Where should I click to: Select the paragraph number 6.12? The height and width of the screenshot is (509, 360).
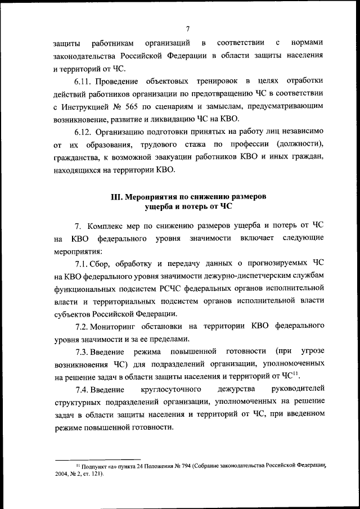(84, 133)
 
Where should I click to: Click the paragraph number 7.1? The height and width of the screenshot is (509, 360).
(83, 263)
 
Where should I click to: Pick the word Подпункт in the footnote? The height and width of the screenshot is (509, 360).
(94, 467)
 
